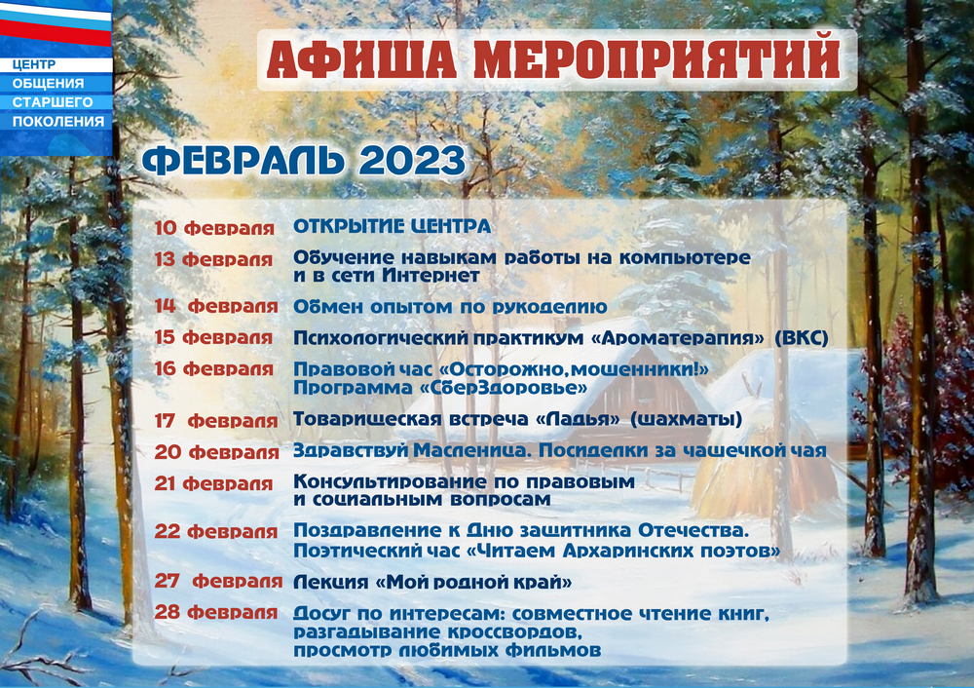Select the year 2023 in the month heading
pos(412,161)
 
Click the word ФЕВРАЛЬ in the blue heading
pos(243,161)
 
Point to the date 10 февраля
pos(214,228)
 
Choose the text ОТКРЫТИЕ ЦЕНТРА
pos(392,226)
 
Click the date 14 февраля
pos(216,306)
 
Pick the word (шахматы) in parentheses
pos(687,419)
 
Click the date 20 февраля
pos(217,452)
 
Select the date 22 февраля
pos(216,531)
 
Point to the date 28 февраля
pos(216,612)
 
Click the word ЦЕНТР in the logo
pos(33,64)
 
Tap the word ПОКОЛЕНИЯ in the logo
pos(58,121)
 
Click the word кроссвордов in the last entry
pos(509,632)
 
